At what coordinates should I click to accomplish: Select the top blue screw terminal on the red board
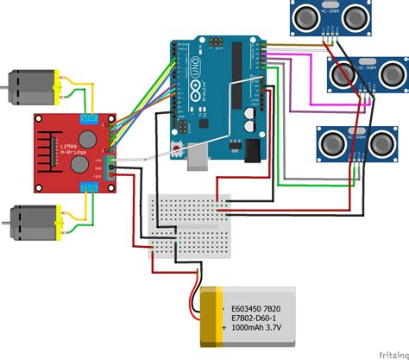[x=91, y=119]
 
